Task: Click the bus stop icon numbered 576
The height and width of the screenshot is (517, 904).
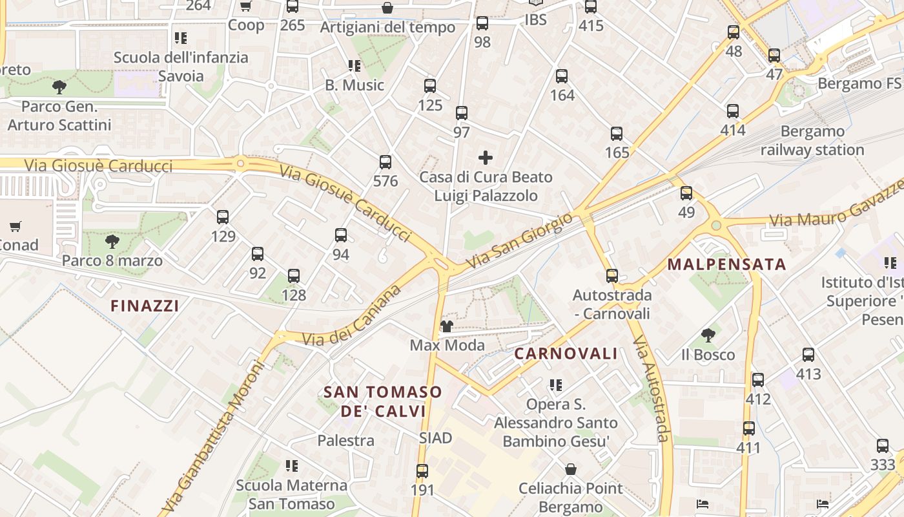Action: coord(385,162)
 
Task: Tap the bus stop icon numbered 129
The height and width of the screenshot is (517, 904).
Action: coord(223,217)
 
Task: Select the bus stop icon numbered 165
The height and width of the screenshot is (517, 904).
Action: coord(617,134)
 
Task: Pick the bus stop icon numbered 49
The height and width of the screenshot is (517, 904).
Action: coord(686,193)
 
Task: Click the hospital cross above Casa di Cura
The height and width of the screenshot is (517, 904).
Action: coord(486,158)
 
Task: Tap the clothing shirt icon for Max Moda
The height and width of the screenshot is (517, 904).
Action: coord(446,326)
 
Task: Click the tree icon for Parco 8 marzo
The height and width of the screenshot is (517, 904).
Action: coord(112,242)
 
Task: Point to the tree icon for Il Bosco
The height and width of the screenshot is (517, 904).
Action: coord(708,335)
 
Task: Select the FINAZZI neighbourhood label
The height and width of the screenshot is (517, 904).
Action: coord(145,306)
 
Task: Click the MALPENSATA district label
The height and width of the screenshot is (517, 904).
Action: coord(726,264)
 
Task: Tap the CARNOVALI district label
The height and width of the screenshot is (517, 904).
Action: coord(566,353)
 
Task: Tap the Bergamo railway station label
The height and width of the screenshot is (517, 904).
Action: coord(812,141)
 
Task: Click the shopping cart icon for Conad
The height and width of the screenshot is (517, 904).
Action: coord(15,227)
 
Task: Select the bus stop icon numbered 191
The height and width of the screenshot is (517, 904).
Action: coord(422,471)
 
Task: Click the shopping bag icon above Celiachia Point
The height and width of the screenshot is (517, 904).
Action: coord(570,469)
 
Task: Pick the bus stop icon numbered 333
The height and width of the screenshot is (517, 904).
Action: coord(883,446)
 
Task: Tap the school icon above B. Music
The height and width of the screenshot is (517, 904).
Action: coord(354,66)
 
